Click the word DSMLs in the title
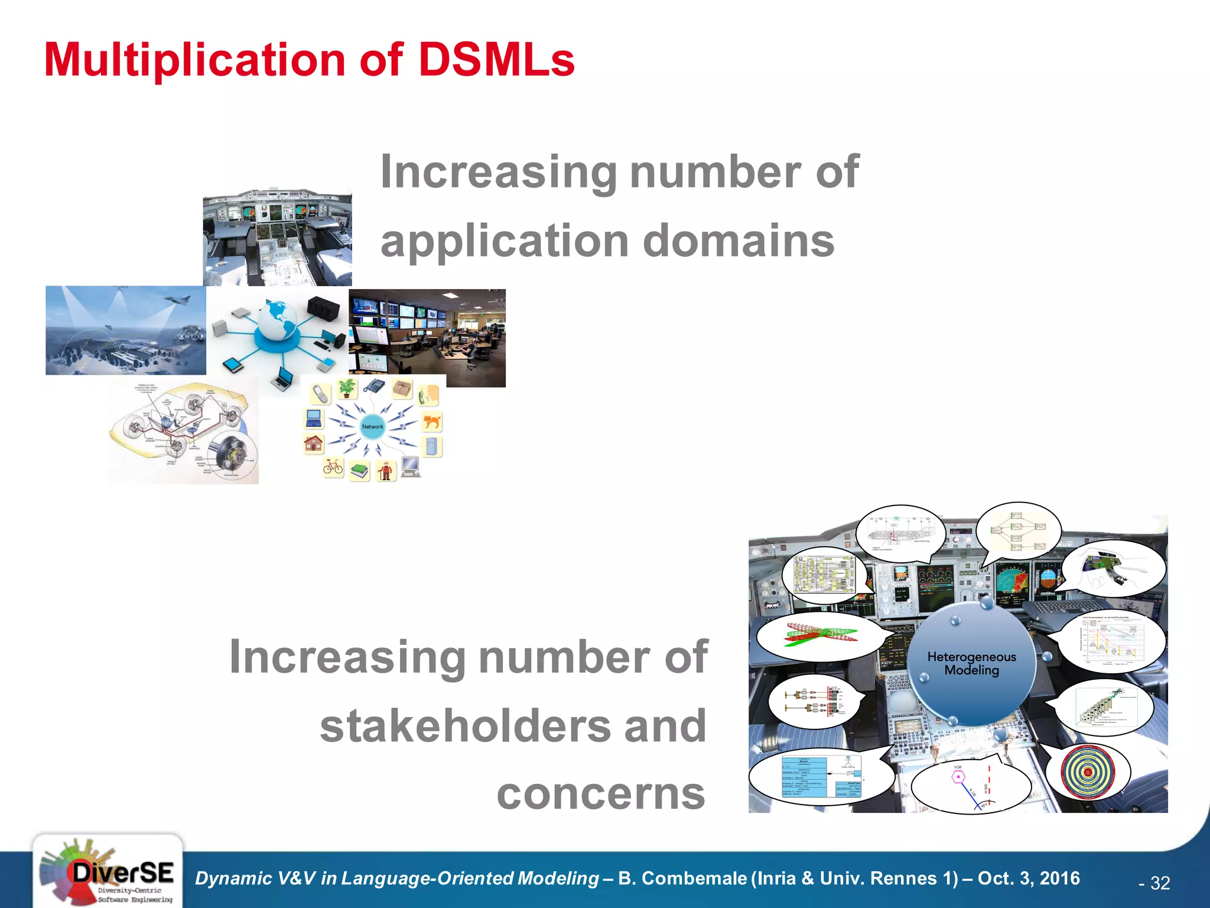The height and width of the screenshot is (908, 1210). click(496, 60)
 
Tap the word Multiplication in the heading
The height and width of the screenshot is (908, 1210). click(194, 60)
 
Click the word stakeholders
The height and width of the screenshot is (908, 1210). click(513, 726)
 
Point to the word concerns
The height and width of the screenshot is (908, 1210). click(601, 794)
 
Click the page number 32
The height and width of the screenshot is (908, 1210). click(1160, 883)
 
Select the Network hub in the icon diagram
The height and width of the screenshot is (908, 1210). click(372, 426)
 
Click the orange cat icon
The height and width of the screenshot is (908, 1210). click(432, 421)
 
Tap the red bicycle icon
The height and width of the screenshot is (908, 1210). click(333, 468)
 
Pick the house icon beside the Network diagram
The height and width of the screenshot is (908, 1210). click(314, 443)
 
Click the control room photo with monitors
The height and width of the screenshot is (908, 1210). click(427, 337)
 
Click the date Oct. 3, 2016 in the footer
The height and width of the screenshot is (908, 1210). click(1029, 878)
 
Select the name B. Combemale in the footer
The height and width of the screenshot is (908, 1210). click(682, 878)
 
